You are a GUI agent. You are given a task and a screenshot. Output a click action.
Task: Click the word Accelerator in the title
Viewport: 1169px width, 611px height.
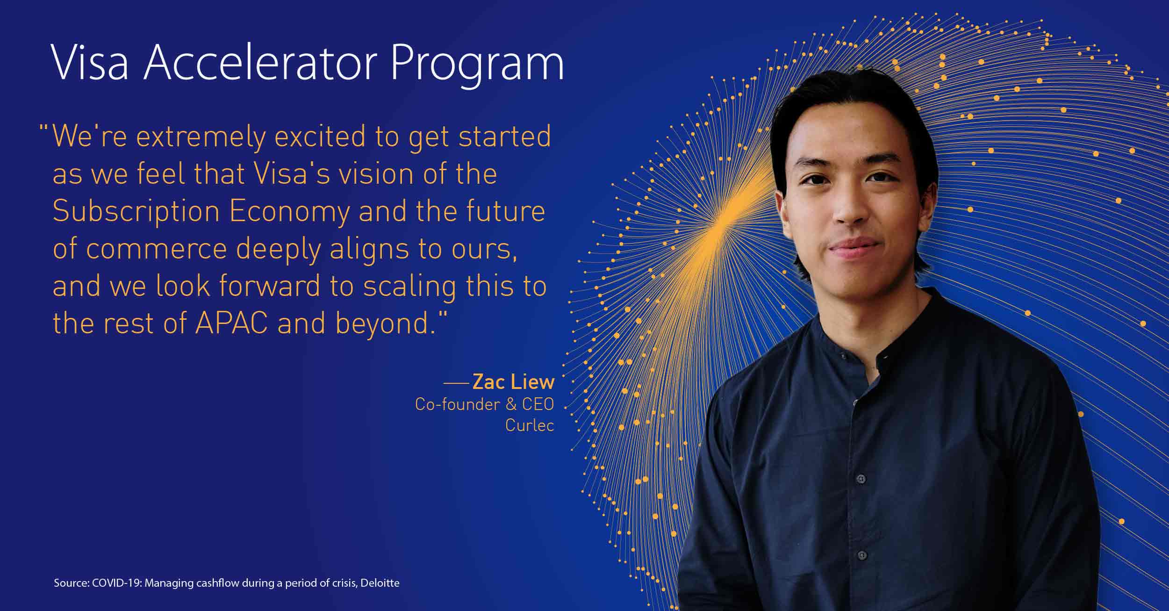(260, 63)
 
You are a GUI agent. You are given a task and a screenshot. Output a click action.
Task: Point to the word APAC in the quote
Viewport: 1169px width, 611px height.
(231, 323)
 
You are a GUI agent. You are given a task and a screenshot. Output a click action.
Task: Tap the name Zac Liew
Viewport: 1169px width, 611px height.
(513, 382)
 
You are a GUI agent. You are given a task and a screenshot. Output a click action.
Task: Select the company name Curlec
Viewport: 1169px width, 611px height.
(530, 425)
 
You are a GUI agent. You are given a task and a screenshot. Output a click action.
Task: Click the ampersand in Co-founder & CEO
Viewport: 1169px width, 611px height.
(511, 404)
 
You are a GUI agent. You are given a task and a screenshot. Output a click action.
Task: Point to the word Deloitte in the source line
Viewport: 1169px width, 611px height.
(380, 583)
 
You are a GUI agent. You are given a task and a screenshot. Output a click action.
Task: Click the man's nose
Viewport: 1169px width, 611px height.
(850, 208)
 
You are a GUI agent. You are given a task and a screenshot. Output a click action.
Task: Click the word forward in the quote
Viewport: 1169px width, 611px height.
(270, 286)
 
